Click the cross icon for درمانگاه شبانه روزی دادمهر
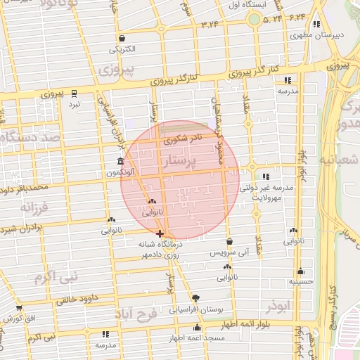point(160,233)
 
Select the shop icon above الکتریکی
point(122,39)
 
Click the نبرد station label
point(73,104)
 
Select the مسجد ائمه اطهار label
point(197,339)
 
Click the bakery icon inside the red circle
point(152,202)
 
